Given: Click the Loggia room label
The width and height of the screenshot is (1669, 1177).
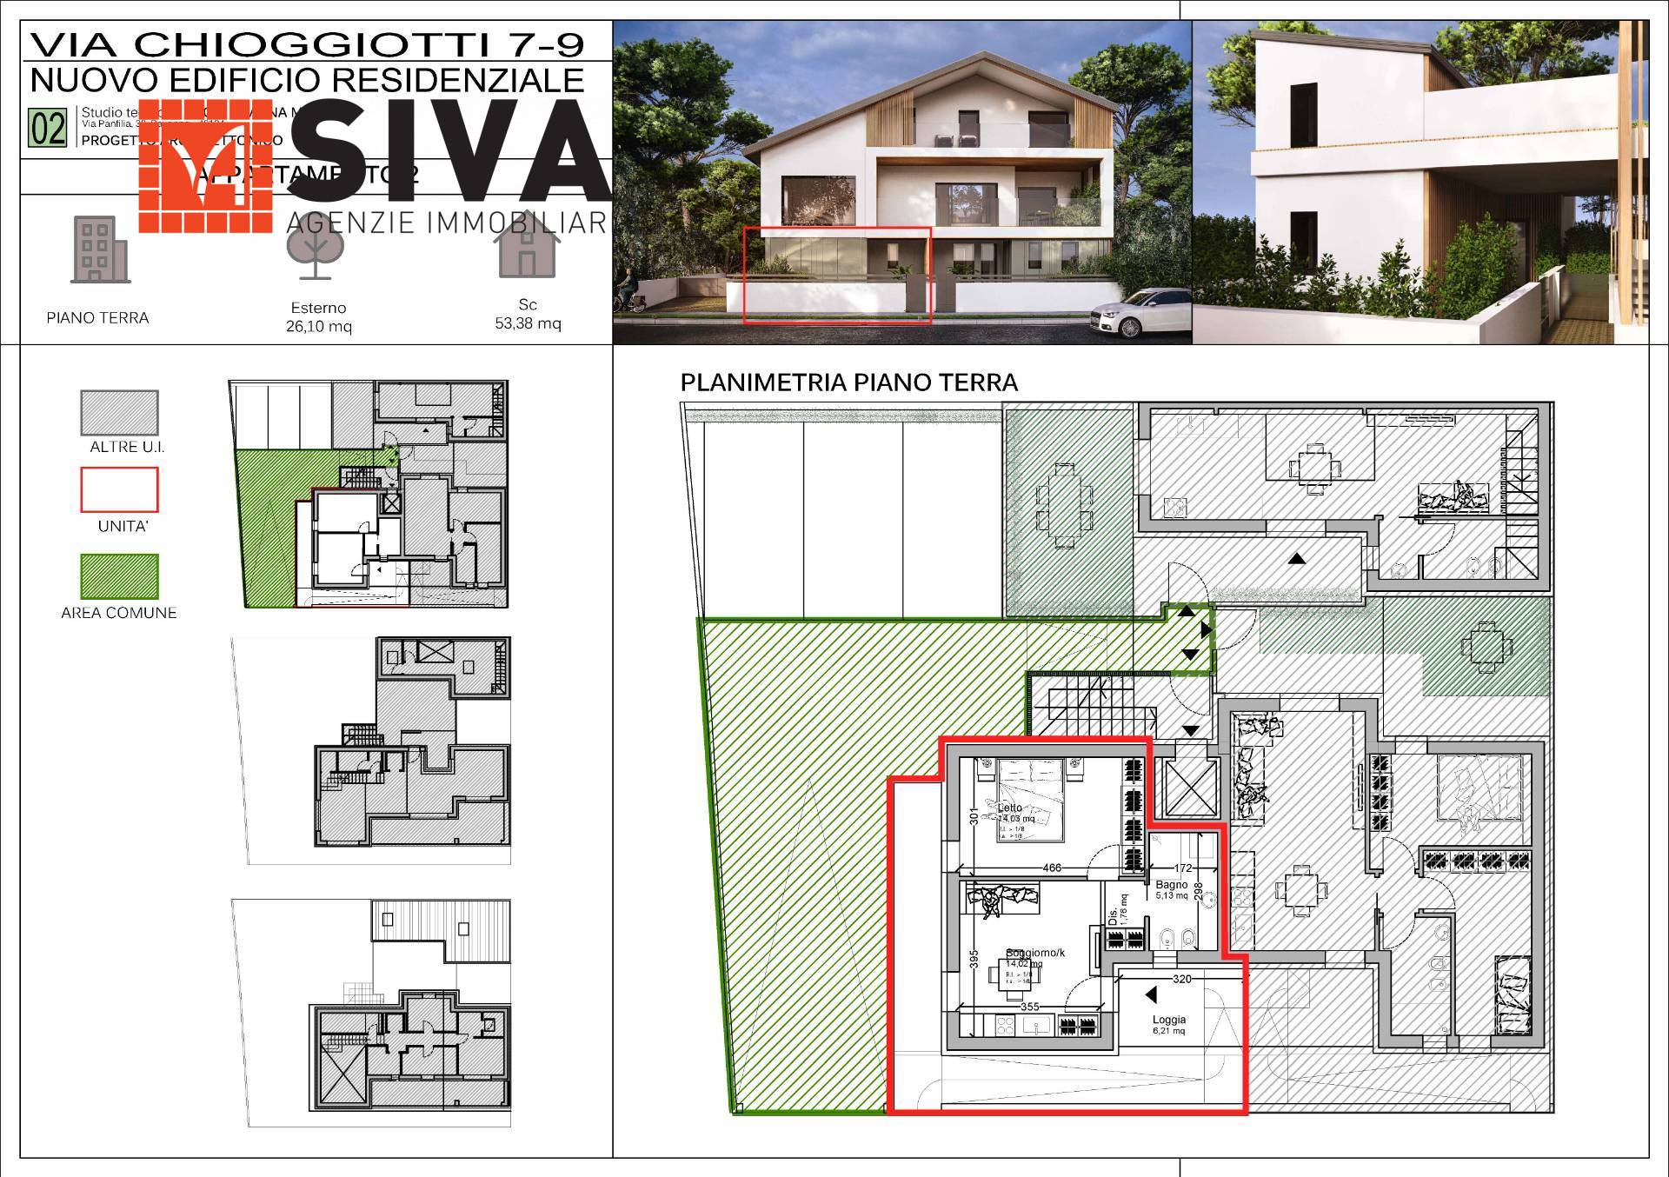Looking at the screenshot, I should pyautogui.click(x=1169, y=1020).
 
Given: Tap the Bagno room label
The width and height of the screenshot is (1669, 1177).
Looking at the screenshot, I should pyautogui.click(x=1171, y=884).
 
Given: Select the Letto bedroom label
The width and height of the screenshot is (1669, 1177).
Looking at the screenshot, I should pyautogui.click(x=1010, y=808).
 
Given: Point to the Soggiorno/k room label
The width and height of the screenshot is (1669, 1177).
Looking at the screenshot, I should pyautogui.click(x=1034, y=953).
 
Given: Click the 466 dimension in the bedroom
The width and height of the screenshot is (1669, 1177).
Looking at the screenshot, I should pyautogui.click(x=1052, y=868).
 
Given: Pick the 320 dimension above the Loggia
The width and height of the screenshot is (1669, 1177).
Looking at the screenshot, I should pyautogui.click(x=1182, y=979).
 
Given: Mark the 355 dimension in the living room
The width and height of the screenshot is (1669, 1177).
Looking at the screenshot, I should pyautogui.click(x=1030, y=1007).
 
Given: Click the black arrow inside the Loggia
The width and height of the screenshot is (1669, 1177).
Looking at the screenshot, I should pyautogui.click(x=1151, y=994).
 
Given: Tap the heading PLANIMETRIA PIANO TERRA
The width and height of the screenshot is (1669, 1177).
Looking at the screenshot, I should pyautogui.click(x=848, y=382).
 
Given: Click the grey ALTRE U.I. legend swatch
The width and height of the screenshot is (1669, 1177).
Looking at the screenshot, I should pyautogui.click(x=119, y=412).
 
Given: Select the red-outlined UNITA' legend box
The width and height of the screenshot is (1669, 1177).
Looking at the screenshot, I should pyautogui.click(x=119, y=489).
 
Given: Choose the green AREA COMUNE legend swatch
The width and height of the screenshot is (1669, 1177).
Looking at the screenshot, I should pyautogui.click(x=119, y=575).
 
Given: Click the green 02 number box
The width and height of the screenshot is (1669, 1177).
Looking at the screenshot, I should pyautogui.click(x=48, y=128).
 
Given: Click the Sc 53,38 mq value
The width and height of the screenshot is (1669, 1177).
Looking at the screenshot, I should pyautogui.click(x=528, y=323).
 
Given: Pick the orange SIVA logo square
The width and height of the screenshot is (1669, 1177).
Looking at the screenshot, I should pyautogui.click(x=206, y=165).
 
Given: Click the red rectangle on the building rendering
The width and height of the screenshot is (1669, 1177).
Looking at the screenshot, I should pyautogui.click(x=836, y=276).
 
